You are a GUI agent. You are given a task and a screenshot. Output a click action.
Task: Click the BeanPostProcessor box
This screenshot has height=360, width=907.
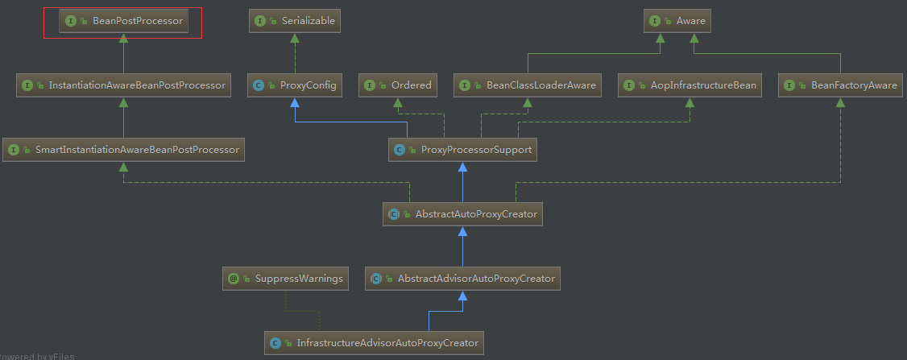[123, 21]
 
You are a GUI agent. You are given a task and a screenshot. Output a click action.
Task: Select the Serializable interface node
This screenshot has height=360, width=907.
[295, 21]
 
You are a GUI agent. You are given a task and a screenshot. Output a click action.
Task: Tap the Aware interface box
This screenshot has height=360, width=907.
[677, 21]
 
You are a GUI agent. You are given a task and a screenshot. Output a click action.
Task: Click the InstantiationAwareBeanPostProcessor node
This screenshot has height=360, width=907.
[124, 85]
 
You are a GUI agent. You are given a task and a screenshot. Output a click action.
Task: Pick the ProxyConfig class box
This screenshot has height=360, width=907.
[295, 85]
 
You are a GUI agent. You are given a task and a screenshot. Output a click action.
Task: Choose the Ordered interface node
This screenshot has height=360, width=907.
[397, 85]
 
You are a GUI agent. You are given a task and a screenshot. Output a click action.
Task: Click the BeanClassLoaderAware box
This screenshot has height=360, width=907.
[527, 85]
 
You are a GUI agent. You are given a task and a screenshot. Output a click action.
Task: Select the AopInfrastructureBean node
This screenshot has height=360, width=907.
[690, 85]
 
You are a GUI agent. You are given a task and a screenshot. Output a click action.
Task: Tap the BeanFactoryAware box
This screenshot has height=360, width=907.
[840, 85]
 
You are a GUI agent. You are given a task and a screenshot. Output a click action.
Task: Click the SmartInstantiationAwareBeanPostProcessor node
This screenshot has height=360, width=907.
[123, 149]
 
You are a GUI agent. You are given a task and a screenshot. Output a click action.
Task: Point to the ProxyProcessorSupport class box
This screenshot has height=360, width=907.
[462, 149]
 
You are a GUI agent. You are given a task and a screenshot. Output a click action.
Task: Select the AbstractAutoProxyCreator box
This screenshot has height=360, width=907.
[462, 214]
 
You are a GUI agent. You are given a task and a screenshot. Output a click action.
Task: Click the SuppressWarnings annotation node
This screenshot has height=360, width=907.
[285, 279]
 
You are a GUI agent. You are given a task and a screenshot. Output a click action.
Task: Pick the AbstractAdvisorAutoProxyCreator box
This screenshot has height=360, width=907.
[462, 279]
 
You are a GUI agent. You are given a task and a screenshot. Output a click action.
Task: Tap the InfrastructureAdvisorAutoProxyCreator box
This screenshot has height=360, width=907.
[374, 342]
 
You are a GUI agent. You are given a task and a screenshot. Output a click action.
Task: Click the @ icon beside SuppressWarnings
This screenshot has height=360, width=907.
[234, 279]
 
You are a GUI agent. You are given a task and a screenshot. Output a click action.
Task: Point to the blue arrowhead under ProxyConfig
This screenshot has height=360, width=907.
[295, 101]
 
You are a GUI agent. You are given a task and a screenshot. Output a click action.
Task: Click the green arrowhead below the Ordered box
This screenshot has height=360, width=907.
[397, 101]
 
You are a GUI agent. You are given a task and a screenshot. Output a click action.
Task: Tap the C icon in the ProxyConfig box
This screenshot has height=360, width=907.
[259, 85]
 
